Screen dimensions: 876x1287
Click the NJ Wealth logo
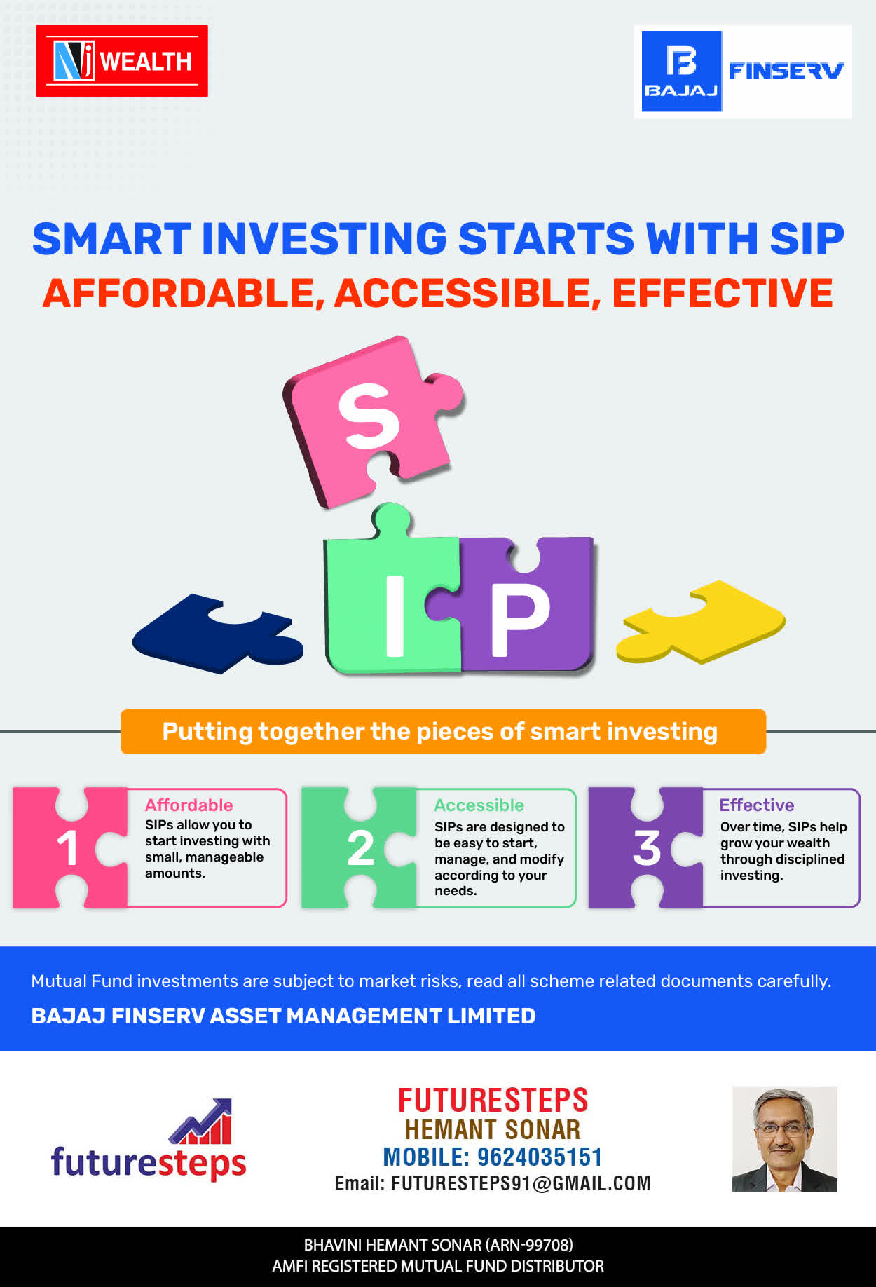click(122, 61)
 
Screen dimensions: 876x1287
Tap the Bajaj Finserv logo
click(743, 71)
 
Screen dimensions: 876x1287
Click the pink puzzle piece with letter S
click(374, 421)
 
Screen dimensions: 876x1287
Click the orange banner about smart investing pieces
click(443, 732)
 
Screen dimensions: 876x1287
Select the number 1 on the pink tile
click(68, 848)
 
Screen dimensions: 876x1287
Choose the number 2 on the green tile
click(360, 848)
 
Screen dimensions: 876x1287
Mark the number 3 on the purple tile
click(647, 848)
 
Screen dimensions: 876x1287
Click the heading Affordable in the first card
click(189, 805)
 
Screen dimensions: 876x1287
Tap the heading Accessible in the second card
click(479, 805)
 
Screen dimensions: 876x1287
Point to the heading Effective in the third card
click(757, 805)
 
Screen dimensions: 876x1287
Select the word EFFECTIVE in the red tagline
click(723, 293)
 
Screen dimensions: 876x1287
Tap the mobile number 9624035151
click(540, 1157)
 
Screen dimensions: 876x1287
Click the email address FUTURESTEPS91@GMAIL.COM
click(521, 1183)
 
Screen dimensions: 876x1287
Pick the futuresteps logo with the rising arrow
click(149, 1139)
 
